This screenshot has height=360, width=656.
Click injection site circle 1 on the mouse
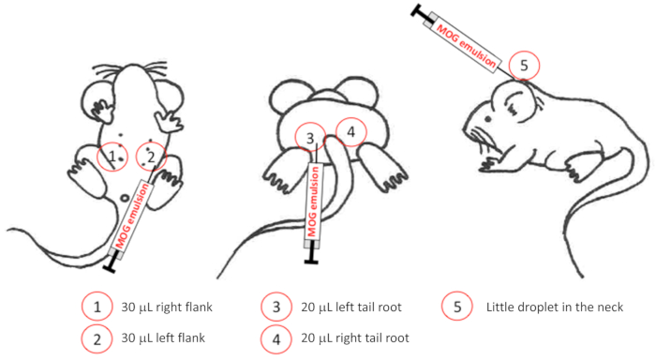click(x=97, y=157)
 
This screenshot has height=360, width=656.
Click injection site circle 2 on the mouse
click(x=137, y=157)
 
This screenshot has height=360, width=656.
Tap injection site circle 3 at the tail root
click(x=295, y=138)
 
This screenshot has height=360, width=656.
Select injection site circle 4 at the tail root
click(x=336, y=132)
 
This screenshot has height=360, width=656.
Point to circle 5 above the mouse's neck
click(x=509, y=66)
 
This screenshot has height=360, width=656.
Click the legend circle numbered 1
click(x=82, y=307)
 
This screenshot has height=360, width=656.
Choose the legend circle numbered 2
click(x=82, y=338)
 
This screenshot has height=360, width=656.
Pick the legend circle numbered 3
click(x=261, y=307)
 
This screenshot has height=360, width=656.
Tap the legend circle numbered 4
click(x=261, y=338)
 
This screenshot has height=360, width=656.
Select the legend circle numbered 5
click(x=441, y=306)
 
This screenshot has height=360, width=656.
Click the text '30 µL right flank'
click(x=167, y=307)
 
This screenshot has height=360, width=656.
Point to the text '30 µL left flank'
click(x=163, y=337)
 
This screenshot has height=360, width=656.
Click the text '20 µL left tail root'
click(x=351, y=307)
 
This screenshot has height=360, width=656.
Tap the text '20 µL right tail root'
click(x=355, y=337)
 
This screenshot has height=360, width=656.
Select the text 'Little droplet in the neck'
click(x=555, y=307)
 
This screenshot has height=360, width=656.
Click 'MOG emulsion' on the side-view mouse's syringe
click(x=466, y=46)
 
